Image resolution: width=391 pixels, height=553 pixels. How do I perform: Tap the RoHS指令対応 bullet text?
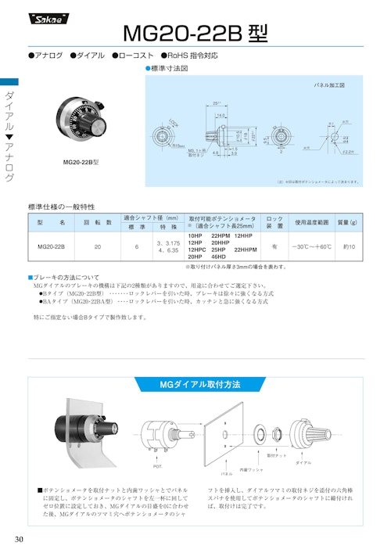tap(192, 56)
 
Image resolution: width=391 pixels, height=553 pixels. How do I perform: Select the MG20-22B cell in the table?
tap(51, 246)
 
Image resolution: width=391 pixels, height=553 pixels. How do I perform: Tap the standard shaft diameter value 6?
tap(137, 246)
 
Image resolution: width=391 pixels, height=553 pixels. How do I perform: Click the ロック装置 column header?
tap(274, 221)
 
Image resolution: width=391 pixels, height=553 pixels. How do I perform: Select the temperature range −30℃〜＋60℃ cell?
tap(312, 246)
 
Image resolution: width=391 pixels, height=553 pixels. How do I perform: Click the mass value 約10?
tap(350, 246)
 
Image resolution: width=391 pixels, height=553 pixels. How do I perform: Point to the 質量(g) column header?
tap(350, 221)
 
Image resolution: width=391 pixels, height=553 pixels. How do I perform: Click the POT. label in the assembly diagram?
tap(158, 466)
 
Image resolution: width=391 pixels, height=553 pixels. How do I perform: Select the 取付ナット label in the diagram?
tap(277, 454)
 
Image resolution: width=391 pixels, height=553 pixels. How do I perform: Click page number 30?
tap(19, 539)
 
